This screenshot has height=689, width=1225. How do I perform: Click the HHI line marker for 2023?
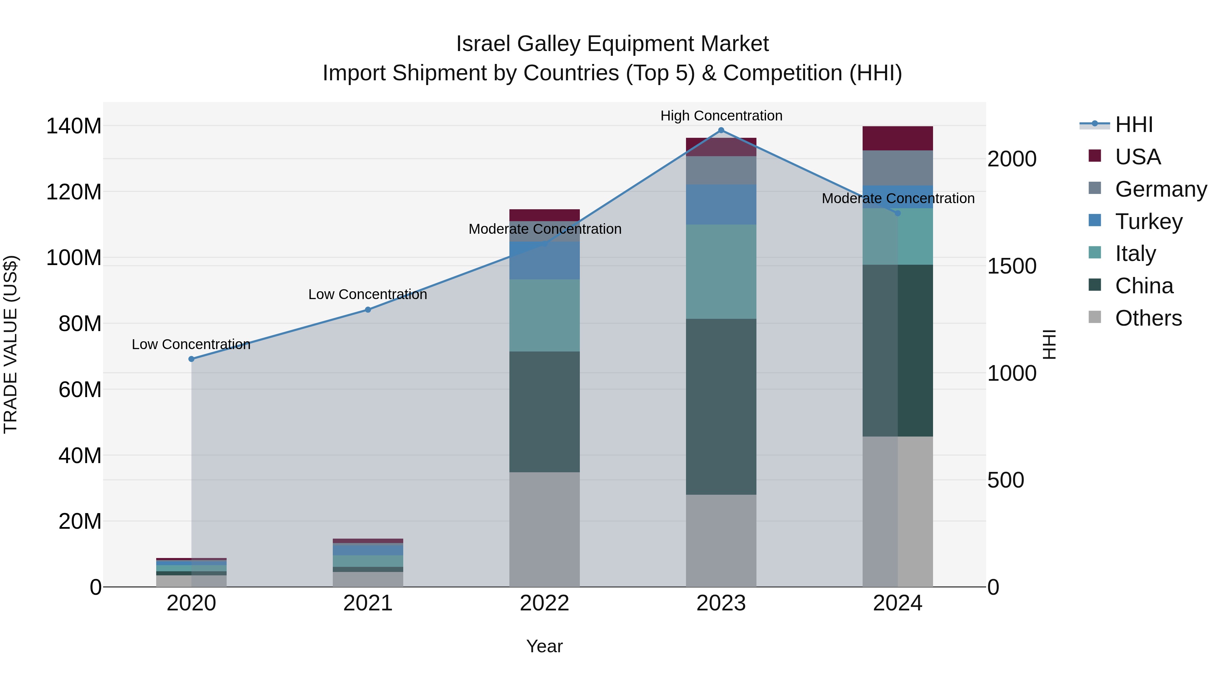(x=721, y=130)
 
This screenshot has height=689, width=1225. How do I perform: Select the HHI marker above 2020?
(x=191, y=359)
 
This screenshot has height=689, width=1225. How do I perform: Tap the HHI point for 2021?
(x=367, y=310)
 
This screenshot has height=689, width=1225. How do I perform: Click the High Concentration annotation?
(x=721, y=116)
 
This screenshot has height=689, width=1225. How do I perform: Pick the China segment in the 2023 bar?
(x=721, y=407)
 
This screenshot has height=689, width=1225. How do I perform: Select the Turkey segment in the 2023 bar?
(x=721, y=204)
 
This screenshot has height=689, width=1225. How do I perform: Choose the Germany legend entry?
(x=1160, y=189)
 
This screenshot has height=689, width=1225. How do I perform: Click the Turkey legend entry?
(x=1148, y=222)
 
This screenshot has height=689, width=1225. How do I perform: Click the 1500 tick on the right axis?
(x=1012, y=266)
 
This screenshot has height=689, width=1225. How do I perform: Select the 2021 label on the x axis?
(x=367, y=603)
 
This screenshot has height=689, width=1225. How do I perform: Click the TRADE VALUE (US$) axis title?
(x=11, y=344)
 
